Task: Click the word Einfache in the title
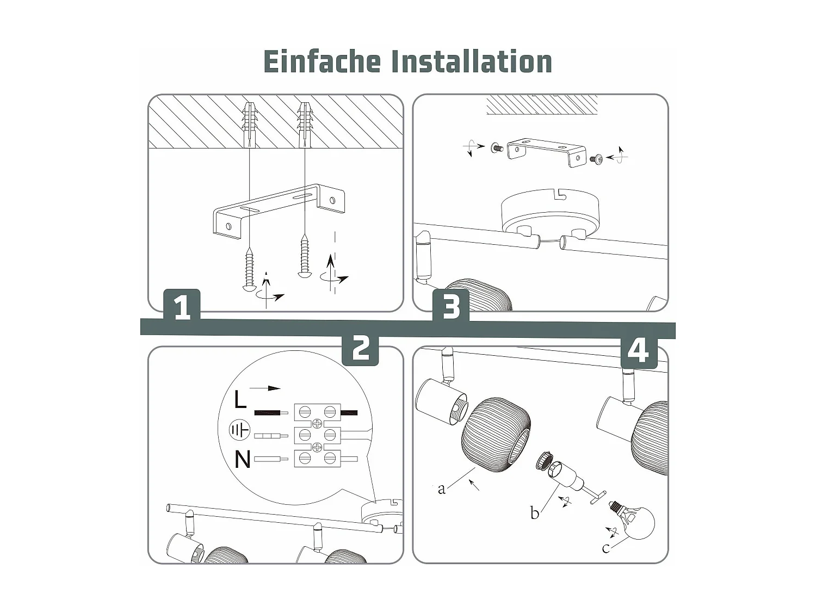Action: [x=322, y=61]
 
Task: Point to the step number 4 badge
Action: [x=639, y=350]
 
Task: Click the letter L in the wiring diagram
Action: [x=240, y=400]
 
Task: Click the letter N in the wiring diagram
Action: [x=242, y=460]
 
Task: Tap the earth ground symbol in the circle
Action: [x=239, y=431]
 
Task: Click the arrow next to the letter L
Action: [x=266, y=388]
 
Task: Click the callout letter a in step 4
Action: [x=442, y=489]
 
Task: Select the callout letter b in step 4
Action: [x=535, y=513]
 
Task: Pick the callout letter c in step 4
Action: [x=606, y=548]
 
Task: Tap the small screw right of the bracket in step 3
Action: [x=596, y=159]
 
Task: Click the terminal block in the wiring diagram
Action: [x=317, y=436]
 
